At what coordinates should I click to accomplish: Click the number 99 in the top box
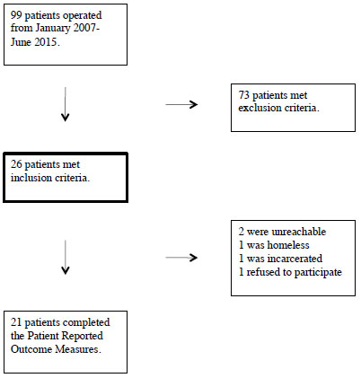coord(16,15)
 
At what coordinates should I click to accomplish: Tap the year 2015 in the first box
coord(46,42)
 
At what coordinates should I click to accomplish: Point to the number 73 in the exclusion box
coord(244,95)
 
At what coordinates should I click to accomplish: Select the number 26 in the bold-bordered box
coord(16,164)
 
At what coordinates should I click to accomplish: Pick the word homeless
coord(288,245)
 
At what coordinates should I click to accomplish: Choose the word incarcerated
coord(295,259)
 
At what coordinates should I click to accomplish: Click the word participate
coord(318,273)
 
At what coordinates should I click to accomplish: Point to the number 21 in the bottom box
coord(16,322)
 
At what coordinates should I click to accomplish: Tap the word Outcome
coord(31,349)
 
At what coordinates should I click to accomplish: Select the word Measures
coord(76,349)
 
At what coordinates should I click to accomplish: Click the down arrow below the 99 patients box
coord(66,104)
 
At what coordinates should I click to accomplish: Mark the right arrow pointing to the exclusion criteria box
coord(181,104)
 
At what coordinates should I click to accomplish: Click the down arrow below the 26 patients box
coord(66,258)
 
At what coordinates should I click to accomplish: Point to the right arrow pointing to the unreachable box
coord(181,258)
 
